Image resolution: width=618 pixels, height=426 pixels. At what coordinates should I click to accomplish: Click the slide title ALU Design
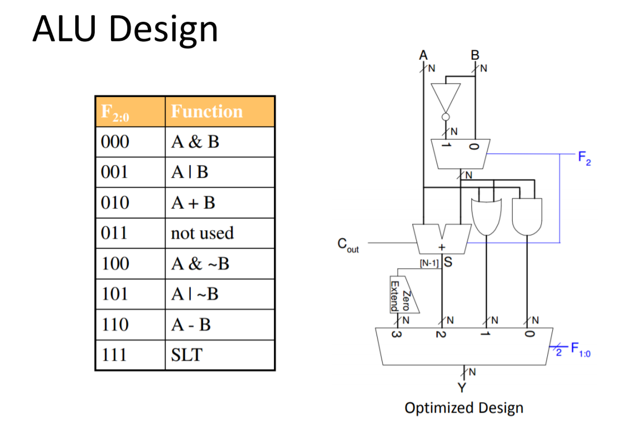[x=125, y=28]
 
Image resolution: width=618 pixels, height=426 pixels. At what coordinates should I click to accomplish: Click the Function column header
[x=207, y=112]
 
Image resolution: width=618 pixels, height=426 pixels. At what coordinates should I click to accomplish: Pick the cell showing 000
[x=115, y=142]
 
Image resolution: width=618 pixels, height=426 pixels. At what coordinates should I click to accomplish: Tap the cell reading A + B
[x=192, y=203]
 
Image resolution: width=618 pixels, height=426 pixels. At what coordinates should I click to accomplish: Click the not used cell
[x=202, y=233]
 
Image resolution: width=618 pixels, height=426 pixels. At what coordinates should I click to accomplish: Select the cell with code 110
[x=115, y=325]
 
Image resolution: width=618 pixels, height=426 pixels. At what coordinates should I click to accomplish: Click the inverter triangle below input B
[x=446, y=99]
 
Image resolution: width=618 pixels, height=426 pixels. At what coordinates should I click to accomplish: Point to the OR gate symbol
[x=487, y=216]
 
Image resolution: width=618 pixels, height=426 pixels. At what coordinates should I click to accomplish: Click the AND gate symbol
[x=527, y=216]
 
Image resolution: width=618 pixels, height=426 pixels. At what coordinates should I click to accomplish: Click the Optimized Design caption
[x=464, y=408]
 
